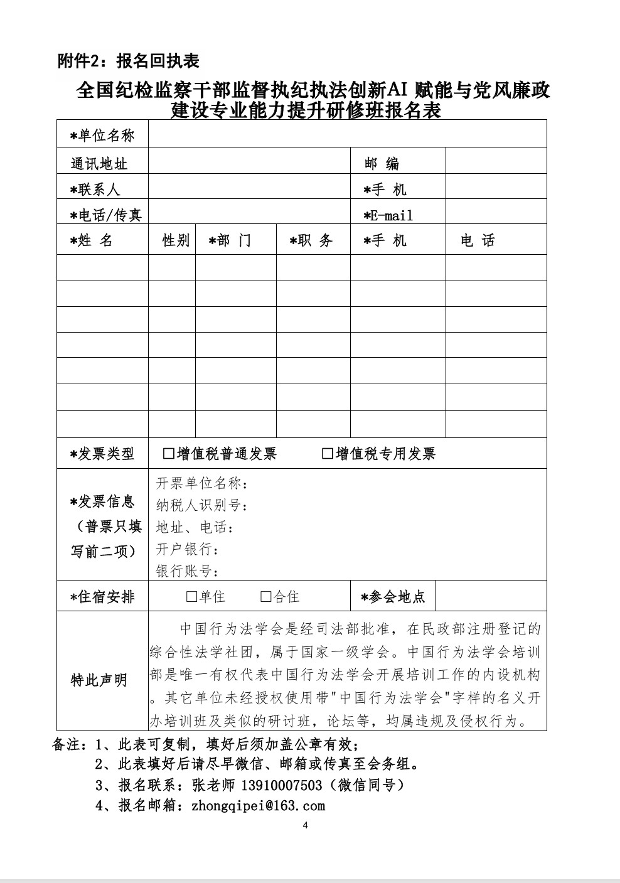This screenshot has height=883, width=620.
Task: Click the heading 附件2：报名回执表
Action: (x=128, y=61)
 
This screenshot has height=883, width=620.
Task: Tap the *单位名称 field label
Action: (x=102, y=136)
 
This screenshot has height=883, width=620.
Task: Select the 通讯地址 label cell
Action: (x=99, y=164)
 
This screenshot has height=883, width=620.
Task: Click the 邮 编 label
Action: (x=382, y=164)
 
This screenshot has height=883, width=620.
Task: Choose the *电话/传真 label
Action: (x=106, y=215)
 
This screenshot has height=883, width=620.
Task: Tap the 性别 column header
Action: (x=176, y=240)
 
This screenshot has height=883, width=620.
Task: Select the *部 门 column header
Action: (x=230, y=240)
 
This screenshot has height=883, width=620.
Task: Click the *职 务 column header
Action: (x=311, y=240)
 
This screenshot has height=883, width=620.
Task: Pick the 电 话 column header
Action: (x=478, y=240)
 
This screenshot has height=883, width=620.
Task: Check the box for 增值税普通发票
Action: (x=168, y=454)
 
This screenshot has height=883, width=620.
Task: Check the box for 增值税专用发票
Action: (x=327, y=454)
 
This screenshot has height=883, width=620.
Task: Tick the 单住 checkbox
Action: (x=191, y=597)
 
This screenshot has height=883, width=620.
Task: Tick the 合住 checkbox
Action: (x=266, y=597)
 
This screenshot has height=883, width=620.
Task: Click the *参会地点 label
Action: (x=393, y=597)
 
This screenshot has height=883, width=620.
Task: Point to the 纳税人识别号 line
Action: (x=201, y=506)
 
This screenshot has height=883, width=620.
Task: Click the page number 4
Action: (x=306, y=825)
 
